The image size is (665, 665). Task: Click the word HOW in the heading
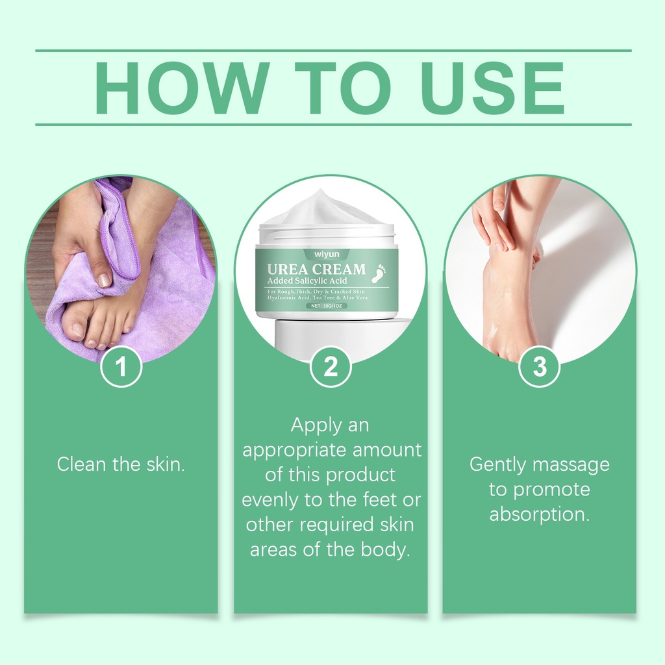pyautogui.click(x=182, y=88)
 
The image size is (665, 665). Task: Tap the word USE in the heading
pyautogui.click(x=492, y=88)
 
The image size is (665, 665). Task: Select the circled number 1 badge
pyautogui.click(x=121, y=366)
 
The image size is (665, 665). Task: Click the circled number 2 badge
pyautogui.click(x=331, y=366)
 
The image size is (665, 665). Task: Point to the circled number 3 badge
pyautogui.click(x=540, y=366)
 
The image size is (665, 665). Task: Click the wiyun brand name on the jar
pyautogui.click(x=327, y=254)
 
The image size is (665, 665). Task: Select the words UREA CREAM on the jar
pyautogui.click(x=316, y=270)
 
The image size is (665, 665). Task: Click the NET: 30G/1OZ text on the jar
pyautogui.click(x=327, y=306)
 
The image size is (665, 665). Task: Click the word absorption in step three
pyautogui.click(x=540, y=515)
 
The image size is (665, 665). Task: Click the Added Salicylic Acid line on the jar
pyautogui.click(x=307, y=281)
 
